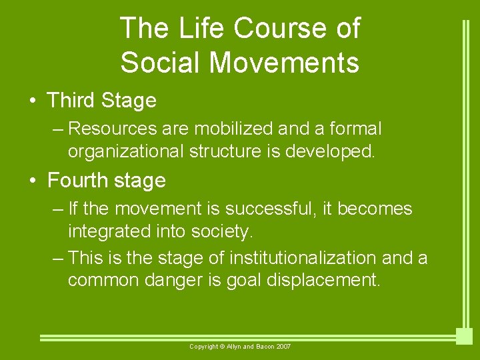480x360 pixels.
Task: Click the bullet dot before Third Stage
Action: click(32, 101)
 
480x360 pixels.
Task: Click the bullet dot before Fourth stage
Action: click(32, 181)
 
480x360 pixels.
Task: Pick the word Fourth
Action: click(79, 181)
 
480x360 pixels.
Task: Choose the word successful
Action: click(273, 209)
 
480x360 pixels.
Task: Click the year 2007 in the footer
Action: click(282, 347)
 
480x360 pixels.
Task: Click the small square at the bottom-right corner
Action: click(464, 337)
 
